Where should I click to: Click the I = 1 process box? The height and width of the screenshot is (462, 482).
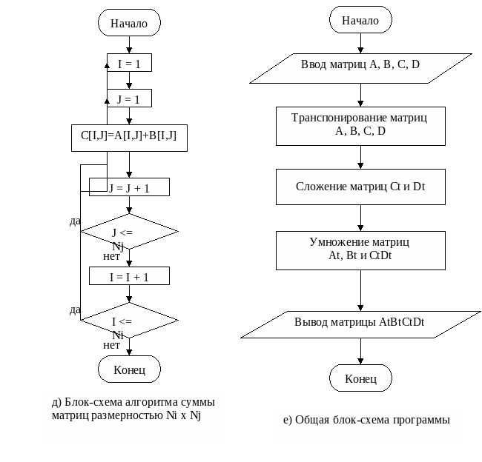(x=129, y=64)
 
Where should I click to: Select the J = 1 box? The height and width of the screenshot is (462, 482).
(x=129, y=98)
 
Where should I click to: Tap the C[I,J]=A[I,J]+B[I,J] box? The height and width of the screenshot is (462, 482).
(x=129, y=137)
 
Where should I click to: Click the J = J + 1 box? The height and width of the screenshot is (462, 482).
(x=129, y=188)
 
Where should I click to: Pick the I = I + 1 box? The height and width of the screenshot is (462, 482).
(x=129, y=276)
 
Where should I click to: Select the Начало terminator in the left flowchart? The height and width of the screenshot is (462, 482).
(x=129, y=23)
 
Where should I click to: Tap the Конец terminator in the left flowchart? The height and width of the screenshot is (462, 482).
(x=129, y=368)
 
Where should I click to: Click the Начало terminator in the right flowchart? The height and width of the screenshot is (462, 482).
(x=360, y=21)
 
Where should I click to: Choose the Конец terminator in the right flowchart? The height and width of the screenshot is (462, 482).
(x=360, y=379)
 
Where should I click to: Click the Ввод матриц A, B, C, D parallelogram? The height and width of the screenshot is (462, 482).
(x=360, y=65)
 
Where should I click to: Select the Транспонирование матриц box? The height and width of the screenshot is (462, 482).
(x=360, y=125)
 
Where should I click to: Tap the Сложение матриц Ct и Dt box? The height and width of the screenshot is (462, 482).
(x=360, y=187)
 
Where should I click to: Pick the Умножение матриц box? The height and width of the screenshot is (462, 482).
(x=360, y=250)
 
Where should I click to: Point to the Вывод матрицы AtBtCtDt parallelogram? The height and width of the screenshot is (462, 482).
(x=360, y=323)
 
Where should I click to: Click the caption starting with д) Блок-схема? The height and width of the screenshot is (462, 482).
(x=133, y=409)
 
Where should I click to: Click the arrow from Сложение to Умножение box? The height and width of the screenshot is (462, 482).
(x=360, y=218)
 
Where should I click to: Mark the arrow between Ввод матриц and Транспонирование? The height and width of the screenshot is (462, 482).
(x=360, y=94)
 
